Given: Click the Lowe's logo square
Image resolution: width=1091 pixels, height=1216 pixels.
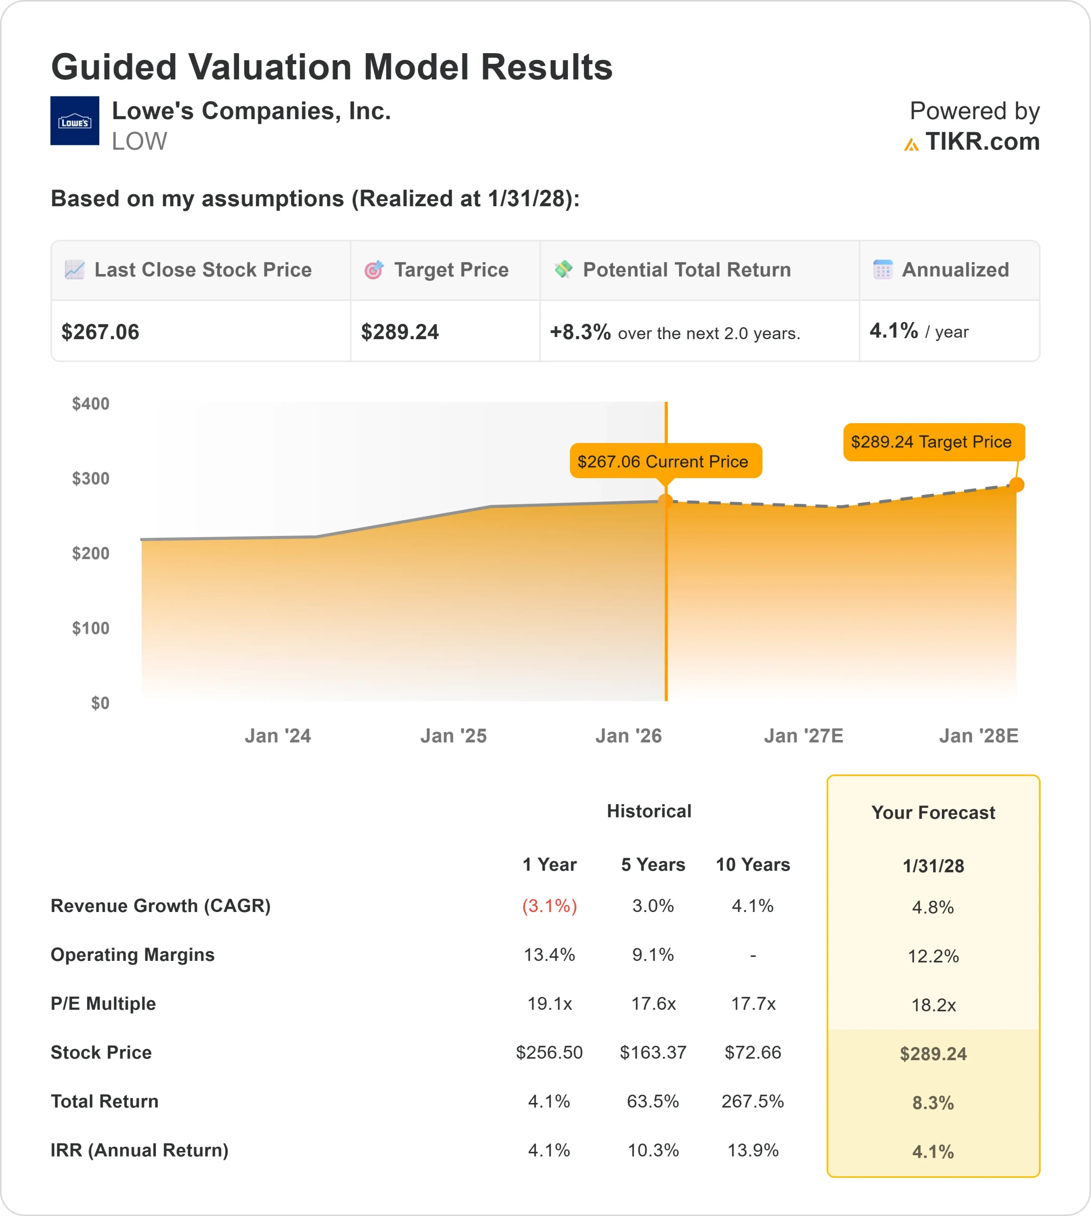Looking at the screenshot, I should [x=74, y=121].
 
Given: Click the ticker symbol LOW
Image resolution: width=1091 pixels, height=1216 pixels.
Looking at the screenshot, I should [x=139, y=142].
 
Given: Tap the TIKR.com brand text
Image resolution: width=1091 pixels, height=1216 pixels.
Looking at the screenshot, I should [x=981, y=142].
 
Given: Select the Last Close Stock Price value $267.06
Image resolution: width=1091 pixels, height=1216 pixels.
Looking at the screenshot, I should [x=100, y=332].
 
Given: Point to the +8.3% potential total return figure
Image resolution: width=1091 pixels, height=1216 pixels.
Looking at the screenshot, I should [x=580, y=332].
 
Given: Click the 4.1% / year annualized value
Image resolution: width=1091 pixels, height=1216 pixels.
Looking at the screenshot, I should [x=919, y=331].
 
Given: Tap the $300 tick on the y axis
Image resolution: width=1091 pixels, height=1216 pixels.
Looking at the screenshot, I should [x=90, y=478].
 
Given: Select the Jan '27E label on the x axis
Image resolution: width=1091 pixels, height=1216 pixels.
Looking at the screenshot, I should [x=803, y=735].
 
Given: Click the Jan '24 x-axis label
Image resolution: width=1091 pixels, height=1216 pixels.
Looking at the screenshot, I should [x=278, y=735].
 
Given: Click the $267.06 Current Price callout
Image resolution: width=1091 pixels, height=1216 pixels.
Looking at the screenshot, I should [x=665, y=461].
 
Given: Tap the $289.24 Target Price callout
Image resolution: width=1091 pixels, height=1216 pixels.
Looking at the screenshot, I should [x=933, y=442].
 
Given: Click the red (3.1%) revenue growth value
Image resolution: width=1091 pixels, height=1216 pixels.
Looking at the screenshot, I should [x=549, y=905].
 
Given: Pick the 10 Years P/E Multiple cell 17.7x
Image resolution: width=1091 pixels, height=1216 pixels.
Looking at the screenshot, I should [x=753, y=1003].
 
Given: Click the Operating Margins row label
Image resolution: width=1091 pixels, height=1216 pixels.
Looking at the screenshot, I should [x=133, y=955].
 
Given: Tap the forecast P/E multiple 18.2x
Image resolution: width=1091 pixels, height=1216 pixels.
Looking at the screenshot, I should [x=933, y=1005].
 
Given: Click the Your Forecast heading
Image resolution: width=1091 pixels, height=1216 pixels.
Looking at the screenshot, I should [x=933, y=813].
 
